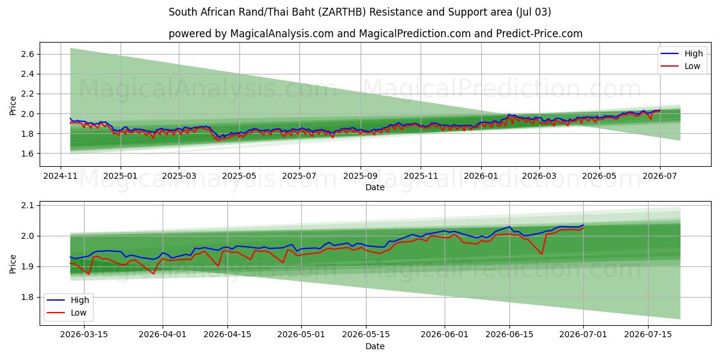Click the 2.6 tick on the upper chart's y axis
tap(28, 54)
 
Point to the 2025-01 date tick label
tap(120, 176)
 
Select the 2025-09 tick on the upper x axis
tap(361, 176)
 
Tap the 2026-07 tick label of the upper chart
tap(659, 176)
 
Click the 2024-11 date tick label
tap(61, 176)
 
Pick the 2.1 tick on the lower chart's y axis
tap(28, 205)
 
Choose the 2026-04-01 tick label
tap(163, 334)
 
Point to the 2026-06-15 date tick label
tap(509, 334)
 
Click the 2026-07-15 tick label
tap(647, 334)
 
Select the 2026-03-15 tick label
tap(84, 334)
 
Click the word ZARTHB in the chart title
tap(343, 12)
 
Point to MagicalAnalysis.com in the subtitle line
tap(282, 34)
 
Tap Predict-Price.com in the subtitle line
tap(539, 34)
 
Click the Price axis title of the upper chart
tap(13, 106)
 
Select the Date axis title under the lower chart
tap(375, 346)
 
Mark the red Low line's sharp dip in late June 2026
tap(542, 254)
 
